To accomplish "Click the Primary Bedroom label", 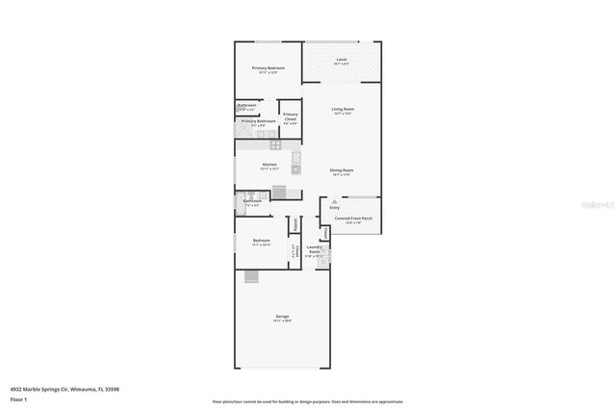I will (x=268, y=68).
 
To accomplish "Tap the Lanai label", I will (x=341, y=61).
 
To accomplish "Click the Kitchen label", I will (x=269, y=165).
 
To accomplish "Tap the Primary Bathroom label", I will (x=258, y=121).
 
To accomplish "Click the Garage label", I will (x=283, y=317).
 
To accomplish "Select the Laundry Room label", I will (x=314, y=251).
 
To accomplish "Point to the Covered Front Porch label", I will (x=353, y=218).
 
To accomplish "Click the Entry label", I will (x=334, y=207).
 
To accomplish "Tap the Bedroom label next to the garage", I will (x=261, y=241).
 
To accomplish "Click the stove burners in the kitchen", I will (x=275, y=144).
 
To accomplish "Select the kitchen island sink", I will (x=296, y=157).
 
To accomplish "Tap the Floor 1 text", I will (x=18, y=398).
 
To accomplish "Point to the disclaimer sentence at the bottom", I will (x=308, y=401).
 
